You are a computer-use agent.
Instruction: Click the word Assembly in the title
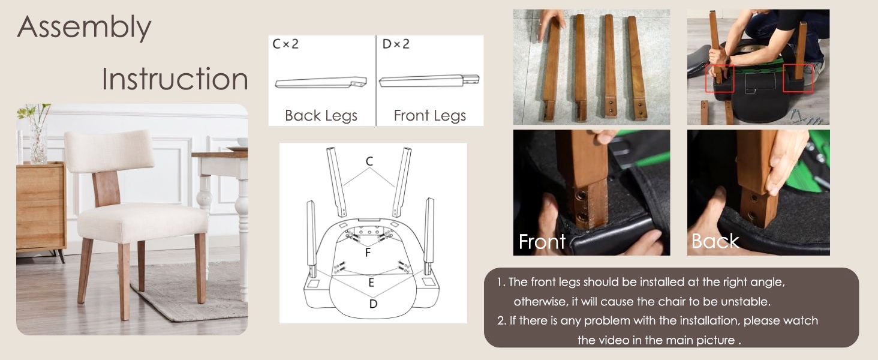pos(85,28)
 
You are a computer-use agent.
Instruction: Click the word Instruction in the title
pos(175,79)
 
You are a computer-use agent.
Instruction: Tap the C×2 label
pos(285,44)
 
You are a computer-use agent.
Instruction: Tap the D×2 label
pos(396,44)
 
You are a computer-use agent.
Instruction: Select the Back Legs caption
pos(321,116)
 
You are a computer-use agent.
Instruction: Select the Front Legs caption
pos(430,116)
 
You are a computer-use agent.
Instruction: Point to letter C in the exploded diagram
pos(369,161)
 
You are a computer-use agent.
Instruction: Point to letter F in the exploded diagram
pos(368,252)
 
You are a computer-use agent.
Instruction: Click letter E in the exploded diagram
pos(371,283)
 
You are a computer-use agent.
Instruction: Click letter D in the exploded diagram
pos(373,304)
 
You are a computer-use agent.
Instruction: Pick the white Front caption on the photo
pos(542,241)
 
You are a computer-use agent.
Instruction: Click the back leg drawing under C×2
pos(321,82)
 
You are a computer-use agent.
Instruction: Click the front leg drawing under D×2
pos(429,80)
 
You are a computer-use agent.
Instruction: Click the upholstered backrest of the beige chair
pos(109,151)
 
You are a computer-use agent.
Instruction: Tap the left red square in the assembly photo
pos(720,79)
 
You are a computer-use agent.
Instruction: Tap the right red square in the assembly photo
pos(798,78)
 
